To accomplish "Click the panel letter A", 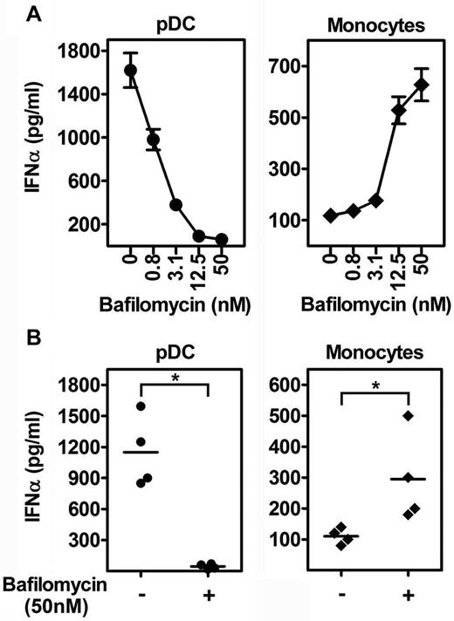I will click(x=10, y=11).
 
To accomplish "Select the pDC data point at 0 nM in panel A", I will click(x=130, y=71).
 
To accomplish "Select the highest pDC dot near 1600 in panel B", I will click(x=141, y=406).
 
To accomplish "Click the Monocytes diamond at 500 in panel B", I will click(x=407, y=415).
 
